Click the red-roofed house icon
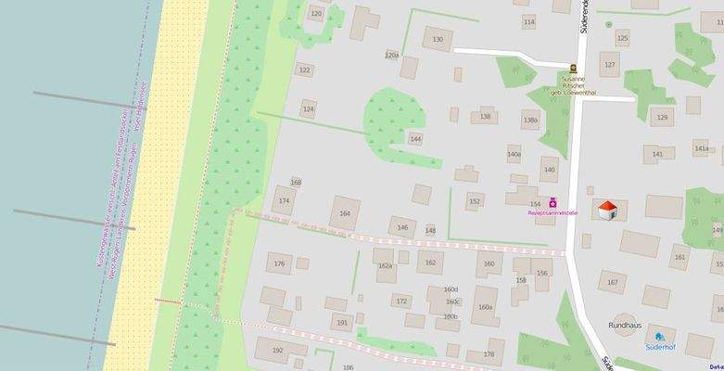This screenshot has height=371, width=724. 608,211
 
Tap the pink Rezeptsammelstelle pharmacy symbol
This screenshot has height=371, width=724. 553,202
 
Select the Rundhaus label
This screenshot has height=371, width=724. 624,326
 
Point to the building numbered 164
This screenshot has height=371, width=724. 346,213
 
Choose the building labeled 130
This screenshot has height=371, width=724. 438,39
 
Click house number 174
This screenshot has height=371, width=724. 285,200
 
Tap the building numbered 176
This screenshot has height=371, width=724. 280,264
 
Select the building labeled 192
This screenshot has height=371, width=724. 277,351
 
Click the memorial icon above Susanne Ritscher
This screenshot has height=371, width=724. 573,68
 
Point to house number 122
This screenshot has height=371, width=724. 304,70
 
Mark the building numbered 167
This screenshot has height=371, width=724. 612,282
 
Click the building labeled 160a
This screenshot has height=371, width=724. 485,307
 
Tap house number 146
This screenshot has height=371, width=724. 402,227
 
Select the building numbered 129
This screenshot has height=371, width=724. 662,118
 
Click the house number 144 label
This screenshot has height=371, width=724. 415,139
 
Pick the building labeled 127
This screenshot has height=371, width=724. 609,65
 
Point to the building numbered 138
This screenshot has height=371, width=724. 485,117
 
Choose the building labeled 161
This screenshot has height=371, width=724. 680,258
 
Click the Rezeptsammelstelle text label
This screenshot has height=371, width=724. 553,213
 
